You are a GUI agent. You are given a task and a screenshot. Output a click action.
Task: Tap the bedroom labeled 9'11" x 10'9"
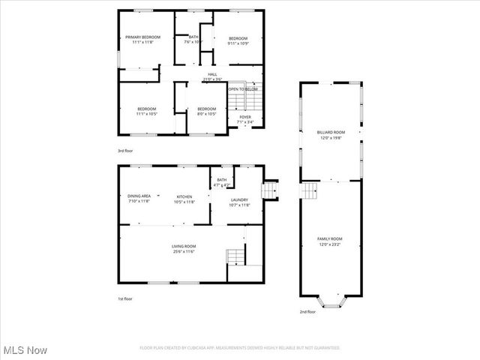point(238,40)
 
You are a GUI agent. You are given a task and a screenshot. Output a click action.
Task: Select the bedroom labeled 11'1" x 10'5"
point(146,111)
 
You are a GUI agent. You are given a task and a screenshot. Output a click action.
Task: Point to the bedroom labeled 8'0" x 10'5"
point(206,111)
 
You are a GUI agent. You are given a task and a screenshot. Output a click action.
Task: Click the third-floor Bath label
point(193,40)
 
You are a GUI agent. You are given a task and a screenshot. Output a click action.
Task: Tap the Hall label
point(212,76)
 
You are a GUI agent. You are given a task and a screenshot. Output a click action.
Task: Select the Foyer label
point(245,119)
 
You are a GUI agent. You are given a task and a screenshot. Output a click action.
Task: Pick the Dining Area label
point(139,198)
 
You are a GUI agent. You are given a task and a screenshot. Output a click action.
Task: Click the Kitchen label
point(184,199)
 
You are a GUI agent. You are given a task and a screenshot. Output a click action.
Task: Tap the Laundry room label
point(239,202)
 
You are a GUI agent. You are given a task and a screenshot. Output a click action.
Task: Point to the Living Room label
point(184,249)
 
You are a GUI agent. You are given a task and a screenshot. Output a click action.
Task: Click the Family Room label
point(330,241)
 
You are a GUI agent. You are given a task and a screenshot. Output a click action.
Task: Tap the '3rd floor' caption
point(125,151)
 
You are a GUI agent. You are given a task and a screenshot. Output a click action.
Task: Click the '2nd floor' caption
point(307,311)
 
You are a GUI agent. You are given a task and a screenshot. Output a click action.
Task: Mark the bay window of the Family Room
point(331,302)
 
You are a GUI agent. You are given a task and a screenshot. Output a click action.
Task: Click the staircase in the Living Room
point(236,256)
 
